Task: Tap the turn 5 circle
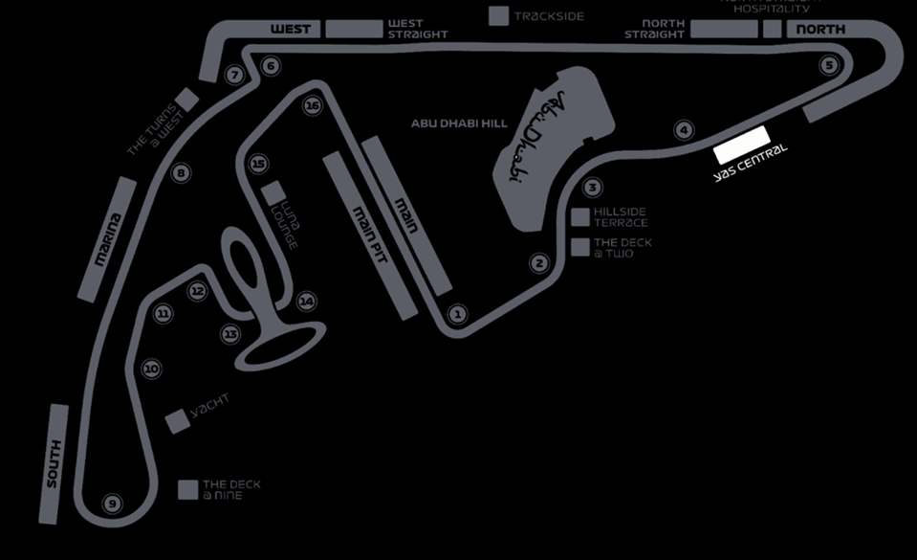point(829,65)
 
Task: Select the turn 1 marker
point(457,314)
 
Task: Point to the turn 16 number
point(312,106)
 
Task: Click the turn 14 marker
point(306,302)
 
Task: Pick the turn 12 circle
point(197,291)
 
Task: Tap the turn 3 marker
point(593,188)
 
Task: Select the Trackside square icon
point(498,15)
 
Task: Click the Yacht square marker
point(175,421)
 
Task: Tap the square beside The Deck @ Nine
point(188,490)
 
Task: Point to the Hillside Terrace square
point(580,217)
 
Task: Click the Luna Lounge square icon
point(273,192)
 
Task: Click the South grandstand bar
point(54,464)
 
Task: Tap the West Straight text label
point(417,29)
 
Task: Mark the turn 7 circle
point(234,75)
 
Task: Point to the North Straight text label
point(655,29)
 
